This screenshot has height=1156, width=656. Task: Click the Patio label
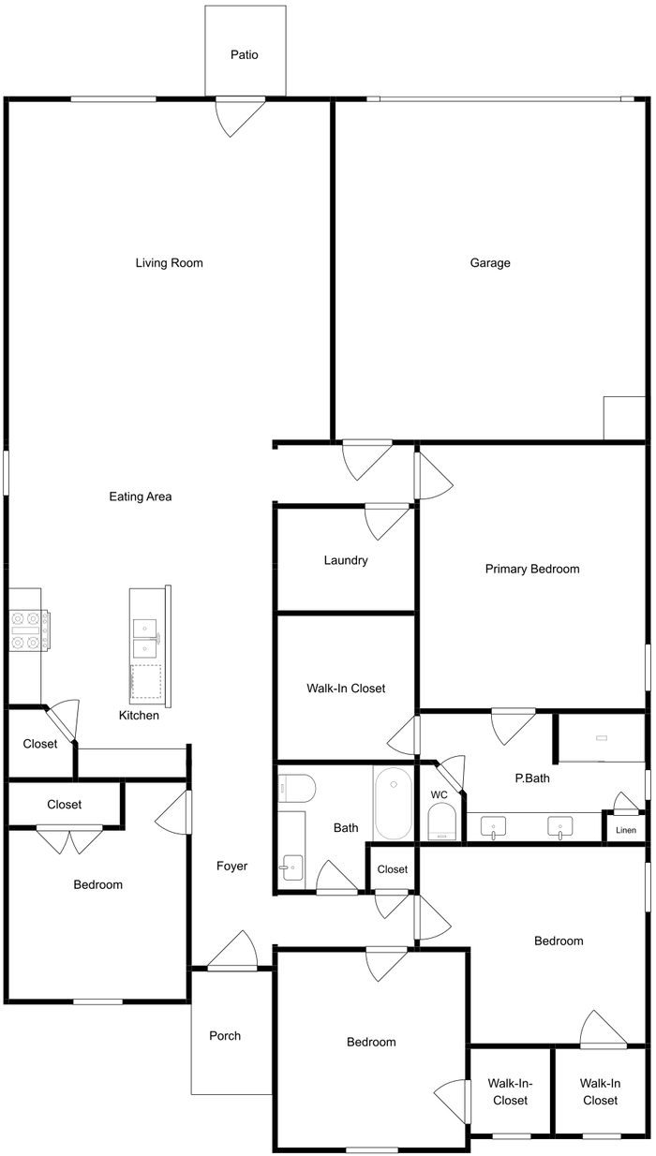[x=245, y=54]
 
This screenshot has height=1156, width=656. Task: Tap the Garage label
[x=490, y=262]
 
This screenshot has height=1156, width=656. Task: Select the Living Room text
[x=170, y=262]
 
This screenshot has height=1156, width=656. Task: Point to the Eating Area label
[x=141, y=496]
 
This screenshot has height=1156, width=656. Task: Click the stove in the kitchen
[x=29, y=630]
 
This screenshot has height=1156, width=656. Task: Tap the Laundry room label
[x=346, y=560]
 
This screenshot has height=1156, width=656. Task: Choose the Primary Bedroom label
[x=532, y=569]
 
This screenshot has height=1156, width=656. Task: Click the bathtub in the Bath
[x=394, y=803]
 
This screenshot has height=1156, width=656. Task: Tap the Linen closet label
[x=626, y=830]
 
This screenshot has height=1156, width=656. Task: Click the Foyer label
[x=231, y=866]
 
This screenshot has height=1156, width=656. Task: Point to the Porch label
[x=225, y=1036]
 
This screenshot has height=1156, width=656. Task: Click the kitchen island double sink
[x=145, y=637]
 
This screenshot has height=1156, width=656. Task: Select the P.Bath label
[x=532, y=778]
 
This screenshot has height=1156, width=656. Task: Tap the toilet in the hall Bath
[x=296, y=788]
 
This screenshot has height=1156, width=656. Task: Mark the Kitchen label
[x=139, y=716]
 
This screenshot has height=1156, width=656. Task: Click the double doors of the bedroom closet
[x=69, y=840]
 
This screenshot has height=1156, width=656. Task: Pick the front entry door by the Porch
[x=232, y=951]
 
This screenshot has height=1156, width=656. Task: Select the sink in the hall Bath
[x=291, y=867]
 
